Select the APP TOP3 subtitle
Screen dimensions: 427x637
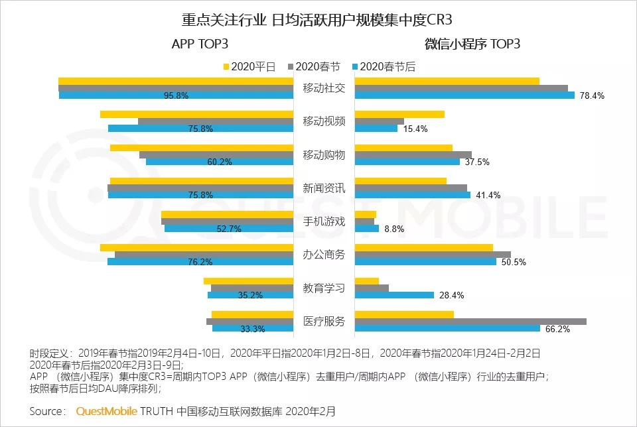click(200, 44)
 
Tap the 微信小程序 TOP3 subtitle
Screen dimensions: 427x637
click(472, 44)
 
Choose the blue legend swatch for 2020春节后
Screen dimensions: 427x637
click(355, 66)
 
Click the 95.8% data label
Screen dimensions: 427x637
click(176, 95)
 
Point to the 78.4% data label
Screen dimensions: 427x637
click(592, 95)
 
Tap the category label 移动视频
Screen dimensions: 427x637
click(324, 121)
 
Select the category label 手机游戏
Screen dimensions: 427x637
click(324, 221)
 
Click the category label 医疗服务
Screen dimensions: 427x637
click(324, 322)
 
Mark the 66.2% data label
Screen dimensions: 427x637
click(557, 329)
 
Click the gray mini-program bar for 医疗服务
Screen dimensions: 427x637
click(470, 322)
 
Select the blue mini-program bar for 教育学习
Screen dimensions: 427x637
click(394, 295)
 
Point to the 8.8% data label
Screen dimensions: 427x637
click(394, 229)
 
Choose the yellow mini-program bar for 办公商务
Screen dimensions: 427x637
click(424, 247)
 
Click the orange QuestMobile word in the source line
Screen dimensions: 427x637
click(106, 411)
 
